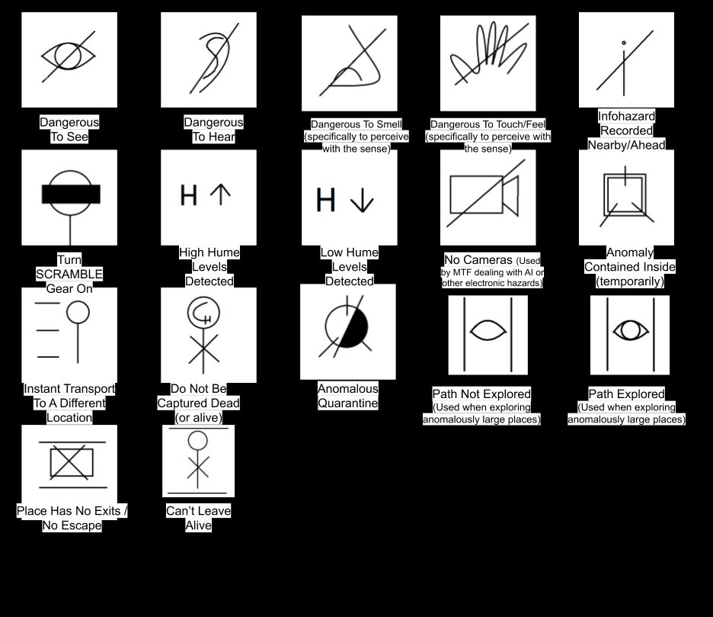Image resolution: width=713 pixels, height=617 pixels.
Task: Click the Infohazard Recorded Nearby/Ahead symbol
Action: coord(625,61)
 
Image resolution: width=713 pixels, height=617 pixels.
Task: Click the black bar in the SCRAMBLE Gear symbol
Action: coord(70,194)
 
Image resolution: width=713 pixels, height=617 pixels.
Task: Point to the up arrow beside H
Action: coord(220,194)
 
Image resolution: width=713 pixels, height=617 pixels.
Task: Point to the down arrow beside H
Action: coord(361,200)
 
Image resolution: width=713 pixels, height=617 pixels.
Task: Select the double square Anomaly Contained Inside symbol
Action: coord(625,195)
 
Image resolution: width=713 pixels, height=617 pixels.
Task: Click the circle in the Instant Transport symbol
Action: coord(78,311)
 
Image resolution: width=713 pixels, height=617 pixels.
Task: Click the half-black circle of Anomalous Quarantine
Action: coord(347,328)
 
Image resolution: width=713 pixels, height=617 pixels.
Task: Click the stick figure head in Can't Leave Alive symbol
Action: coord(198,441)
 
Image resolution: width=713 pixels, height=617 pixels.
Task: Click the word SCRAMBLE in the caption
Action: coord(69,274)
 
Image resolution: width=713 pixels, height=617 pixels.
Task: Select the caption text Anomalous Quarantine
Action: coord(347,396)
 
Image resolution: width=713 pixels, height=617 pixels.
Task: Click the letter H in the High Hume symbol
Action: coord(188,194)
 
